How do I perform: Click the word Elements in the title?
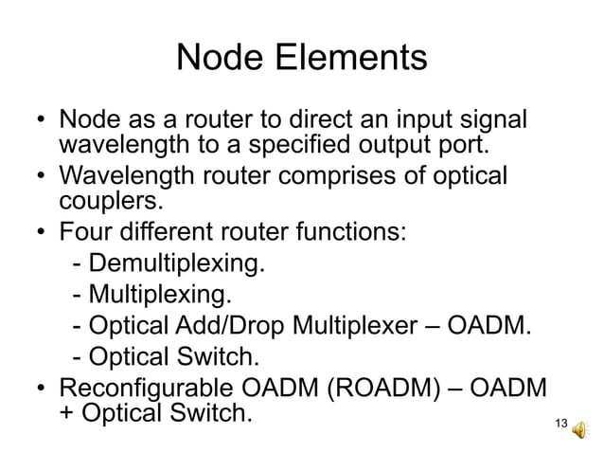(x=352, y=62)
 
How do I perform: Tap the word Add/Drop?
(x=252, y=326)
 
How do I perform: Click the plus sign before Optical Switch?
(x=68, y=416)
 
